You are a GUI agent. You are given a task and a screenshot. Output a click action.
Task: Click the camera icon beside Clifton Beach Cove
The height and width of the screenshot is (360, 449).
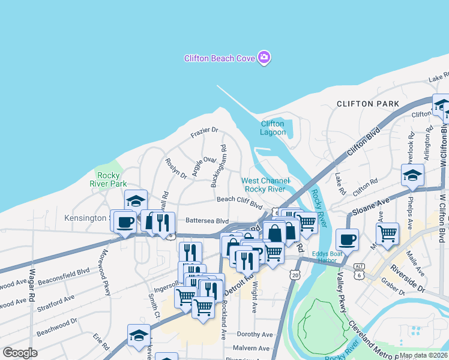264,58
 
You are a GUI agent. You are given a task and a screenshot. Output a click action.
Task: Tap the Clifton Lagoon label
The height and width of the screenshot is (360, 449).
273,128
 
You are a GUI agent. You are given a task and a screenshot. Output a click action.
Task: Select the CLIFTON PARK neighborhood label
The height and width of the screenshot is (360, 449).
368,104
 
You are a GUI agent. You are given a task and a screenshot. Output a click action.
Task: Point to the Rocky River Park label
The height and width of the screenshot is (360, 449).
108,179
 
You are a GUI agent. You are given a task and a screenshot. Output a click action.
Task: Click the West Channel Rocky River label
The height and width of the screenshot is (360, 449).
265,185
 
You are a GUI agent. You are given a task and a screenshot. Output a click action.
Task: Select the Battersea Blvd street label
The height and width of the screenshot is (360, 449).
207,220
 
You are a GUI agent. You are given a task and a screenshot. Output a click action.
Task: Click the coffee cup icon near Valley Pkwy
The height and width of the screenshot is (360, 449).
347,239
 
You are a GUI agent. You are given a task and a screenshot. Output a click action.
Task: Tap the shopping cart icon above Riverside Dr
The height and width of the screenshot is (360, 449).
387,232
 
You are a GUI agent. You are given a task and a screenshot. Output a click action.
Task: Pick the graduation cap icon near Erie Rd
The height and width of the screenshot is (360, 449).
139,334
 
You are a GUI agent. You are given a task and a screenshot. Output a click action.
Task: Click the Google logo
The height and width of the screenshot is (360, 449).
19,353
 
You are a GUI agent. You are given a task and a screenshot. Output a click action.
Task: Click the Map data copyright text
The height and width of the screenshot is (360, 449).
423,355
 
